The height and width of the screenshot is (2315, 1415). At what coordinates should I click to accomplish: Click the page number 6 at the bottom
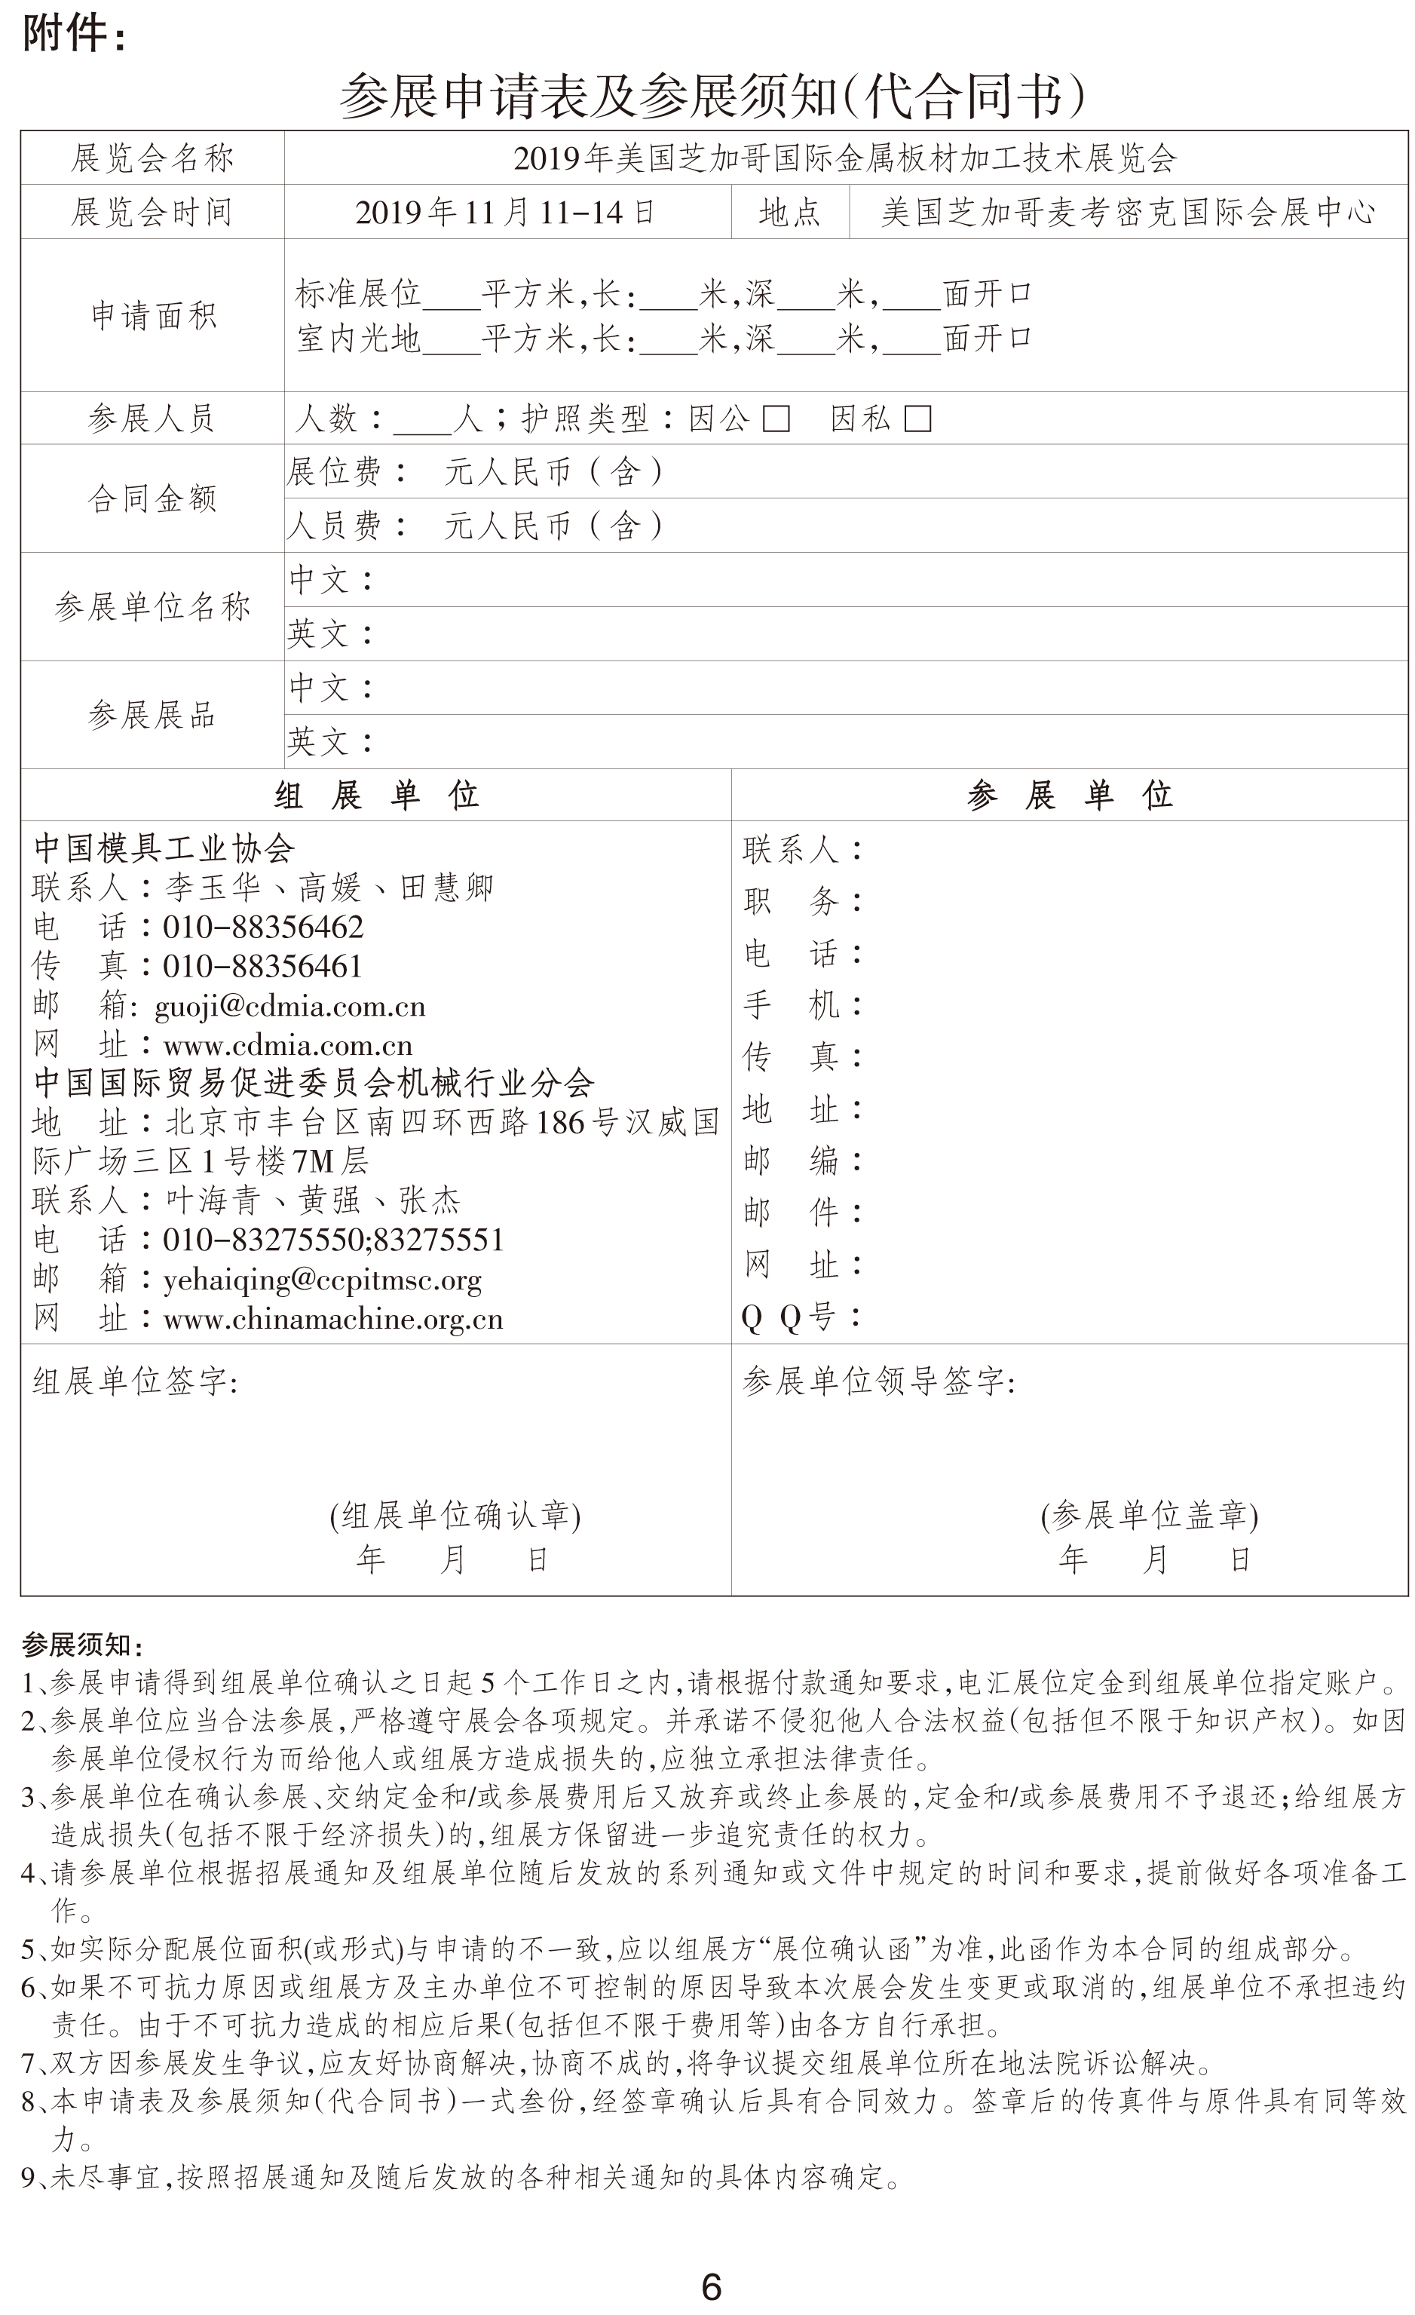pos(711,2285)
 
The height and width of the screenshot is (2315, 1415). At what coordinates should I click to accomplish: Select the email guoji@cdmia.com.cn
pos(289,1006)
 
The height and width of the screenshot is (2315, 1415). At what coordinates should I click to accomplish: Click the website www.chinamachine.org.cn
pos(332,1319)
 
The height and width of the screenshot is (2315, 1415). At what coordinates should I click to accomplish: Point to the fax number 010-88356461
pos(262,967)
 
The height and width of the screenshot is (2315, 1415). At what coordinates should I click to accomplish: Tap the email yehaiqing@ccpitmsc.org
pos(322,1280)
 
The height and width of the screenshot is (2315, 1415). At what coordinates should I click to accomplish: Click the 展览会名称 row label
pos(152,159)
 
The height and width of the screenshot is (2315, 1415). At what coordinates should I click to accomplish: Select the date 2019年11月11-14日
pos(504,213)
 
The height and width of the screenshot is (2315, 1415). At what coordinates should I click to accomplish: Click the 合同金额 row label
pos(152,498)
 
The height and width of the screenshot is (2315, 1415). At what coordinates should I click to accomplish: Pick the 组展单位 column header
pos(376,796)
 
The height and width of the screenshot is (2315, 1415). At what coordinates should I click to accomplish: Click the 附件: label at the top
pos(73,35)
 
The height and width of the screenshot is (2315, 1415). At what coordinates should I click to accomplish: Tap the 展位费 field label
pos(335,471)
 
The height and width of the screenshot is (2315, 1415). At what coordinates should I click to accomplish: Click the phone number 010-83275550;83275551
pos(332,1240)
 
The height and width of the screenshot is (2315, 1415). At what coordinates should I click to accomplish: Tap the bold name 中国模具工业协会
pos(164,848)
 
